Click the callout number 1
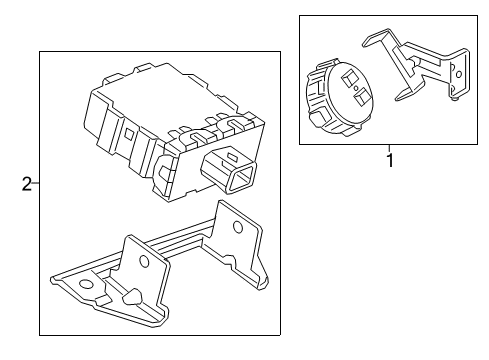(390, 160)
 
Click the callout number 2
(25, 183)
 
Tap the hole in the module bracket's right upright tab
(237, 227)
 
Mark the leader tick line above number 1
(390, 148)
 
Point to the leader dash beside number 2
(35, 183)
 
